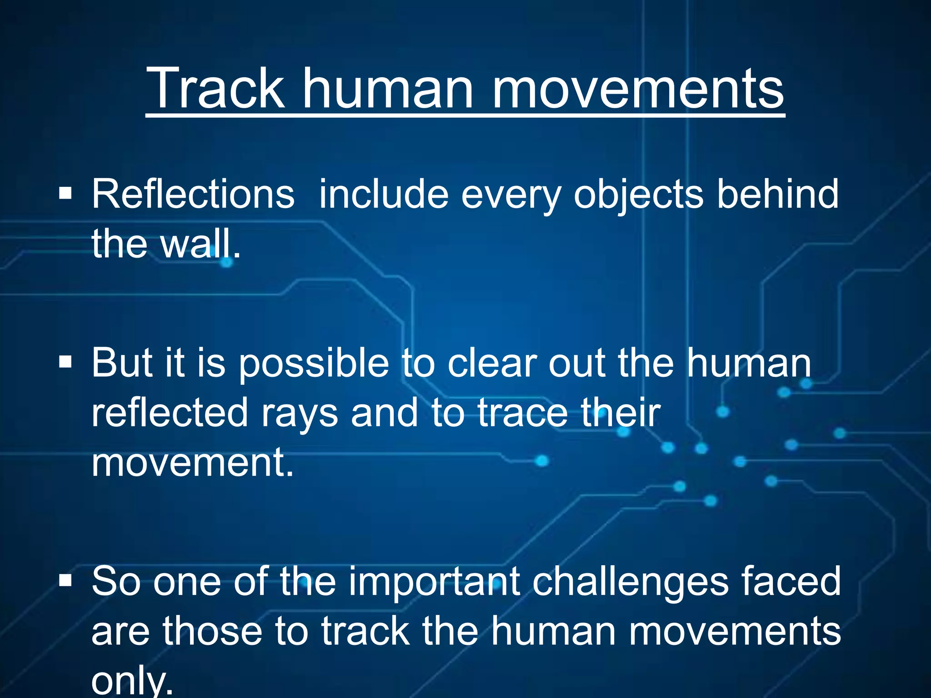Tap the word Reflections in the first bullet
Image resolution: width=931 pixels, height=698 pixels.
point(193,194)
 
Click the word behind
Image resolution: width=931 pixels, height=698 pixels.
point(777,194)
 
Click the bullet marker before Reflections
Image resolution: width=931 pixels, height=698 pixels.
point(65,194)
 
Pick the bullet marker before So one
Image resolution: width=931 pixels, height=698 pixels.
point(65,580)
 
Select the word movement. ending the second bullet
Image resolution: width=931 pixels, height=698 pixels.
point(193,463)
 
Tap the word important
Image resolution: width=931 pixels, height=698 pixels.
point(434,583)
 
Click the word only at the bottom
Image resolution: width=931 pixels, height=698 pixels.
point(132,682)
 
